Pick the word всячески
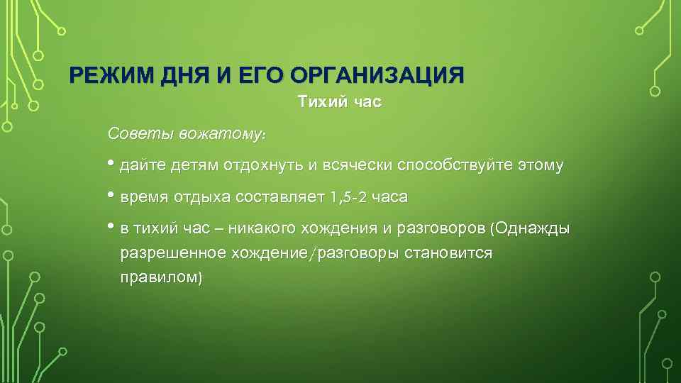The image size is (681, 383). point(358,167)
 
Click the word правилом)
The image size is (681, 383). point(161,277)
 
